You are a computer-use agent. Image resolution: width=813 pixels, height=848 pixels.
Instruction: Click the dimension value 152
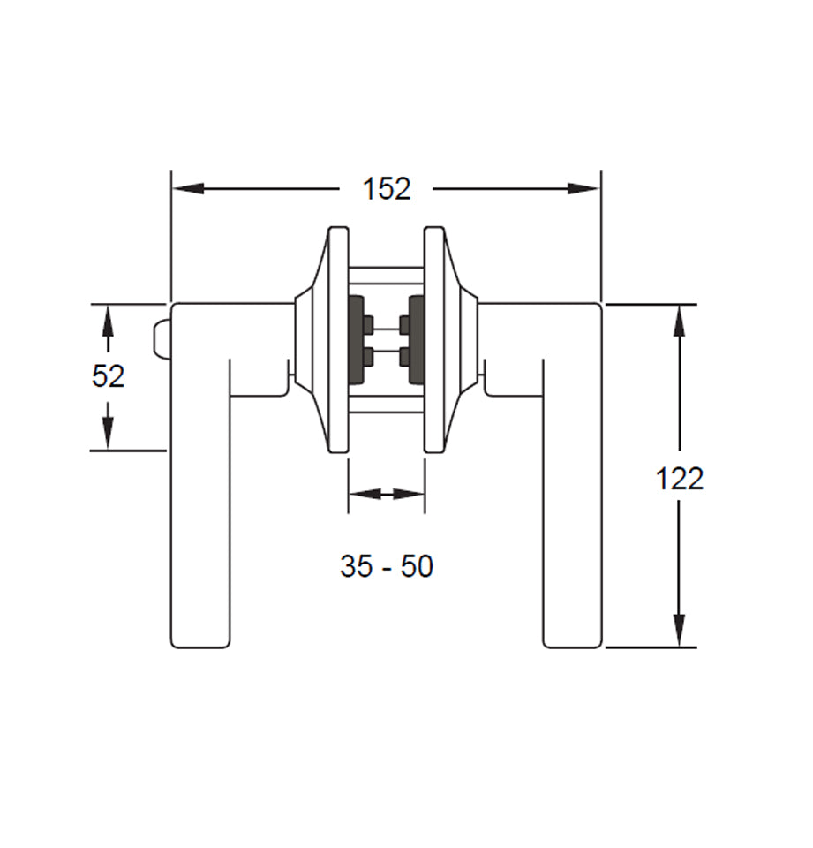coord(387,189)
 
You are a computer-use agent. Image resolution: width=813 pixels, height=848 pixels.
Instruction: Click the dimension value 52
coord(108,376)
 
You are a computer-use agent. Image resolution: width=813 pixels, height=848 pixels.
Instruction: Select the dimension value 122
coord(679,479)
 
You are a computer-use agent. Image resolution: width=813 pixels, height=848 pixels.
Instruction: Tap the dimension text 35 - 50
coord(387,566)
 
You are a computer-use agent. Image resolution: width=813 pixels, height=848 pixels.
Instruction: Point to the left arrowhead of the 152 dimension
coord(187,188)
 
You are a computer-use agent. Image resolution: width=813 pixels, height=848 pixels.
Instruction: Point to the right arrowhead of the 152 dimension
coord(584,188)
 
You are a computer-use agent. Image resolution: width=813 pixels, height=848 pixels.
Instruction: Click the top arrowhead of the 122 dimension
coord(679,320)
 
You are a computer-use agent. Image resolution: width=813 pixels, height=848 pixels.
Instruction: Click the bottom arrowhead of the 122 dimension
coord(679,631)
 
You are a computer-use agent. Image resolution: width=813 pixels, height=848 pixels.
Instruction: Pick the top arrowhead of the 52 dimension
coord(108,320)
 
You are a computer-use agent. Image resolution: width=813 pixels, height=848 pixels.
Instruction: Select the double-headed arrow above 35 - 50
coord(387,494)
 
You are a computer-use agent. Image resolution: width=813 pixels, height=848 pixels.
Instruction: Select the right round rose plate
coord(434,340)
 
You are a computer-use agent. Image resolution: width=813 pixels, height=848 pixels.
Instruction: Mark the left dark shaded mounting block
coord(358,340)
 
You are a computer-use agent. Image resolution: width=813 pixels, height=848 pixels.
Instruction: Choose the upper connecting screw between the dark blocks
coord(387,328)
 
